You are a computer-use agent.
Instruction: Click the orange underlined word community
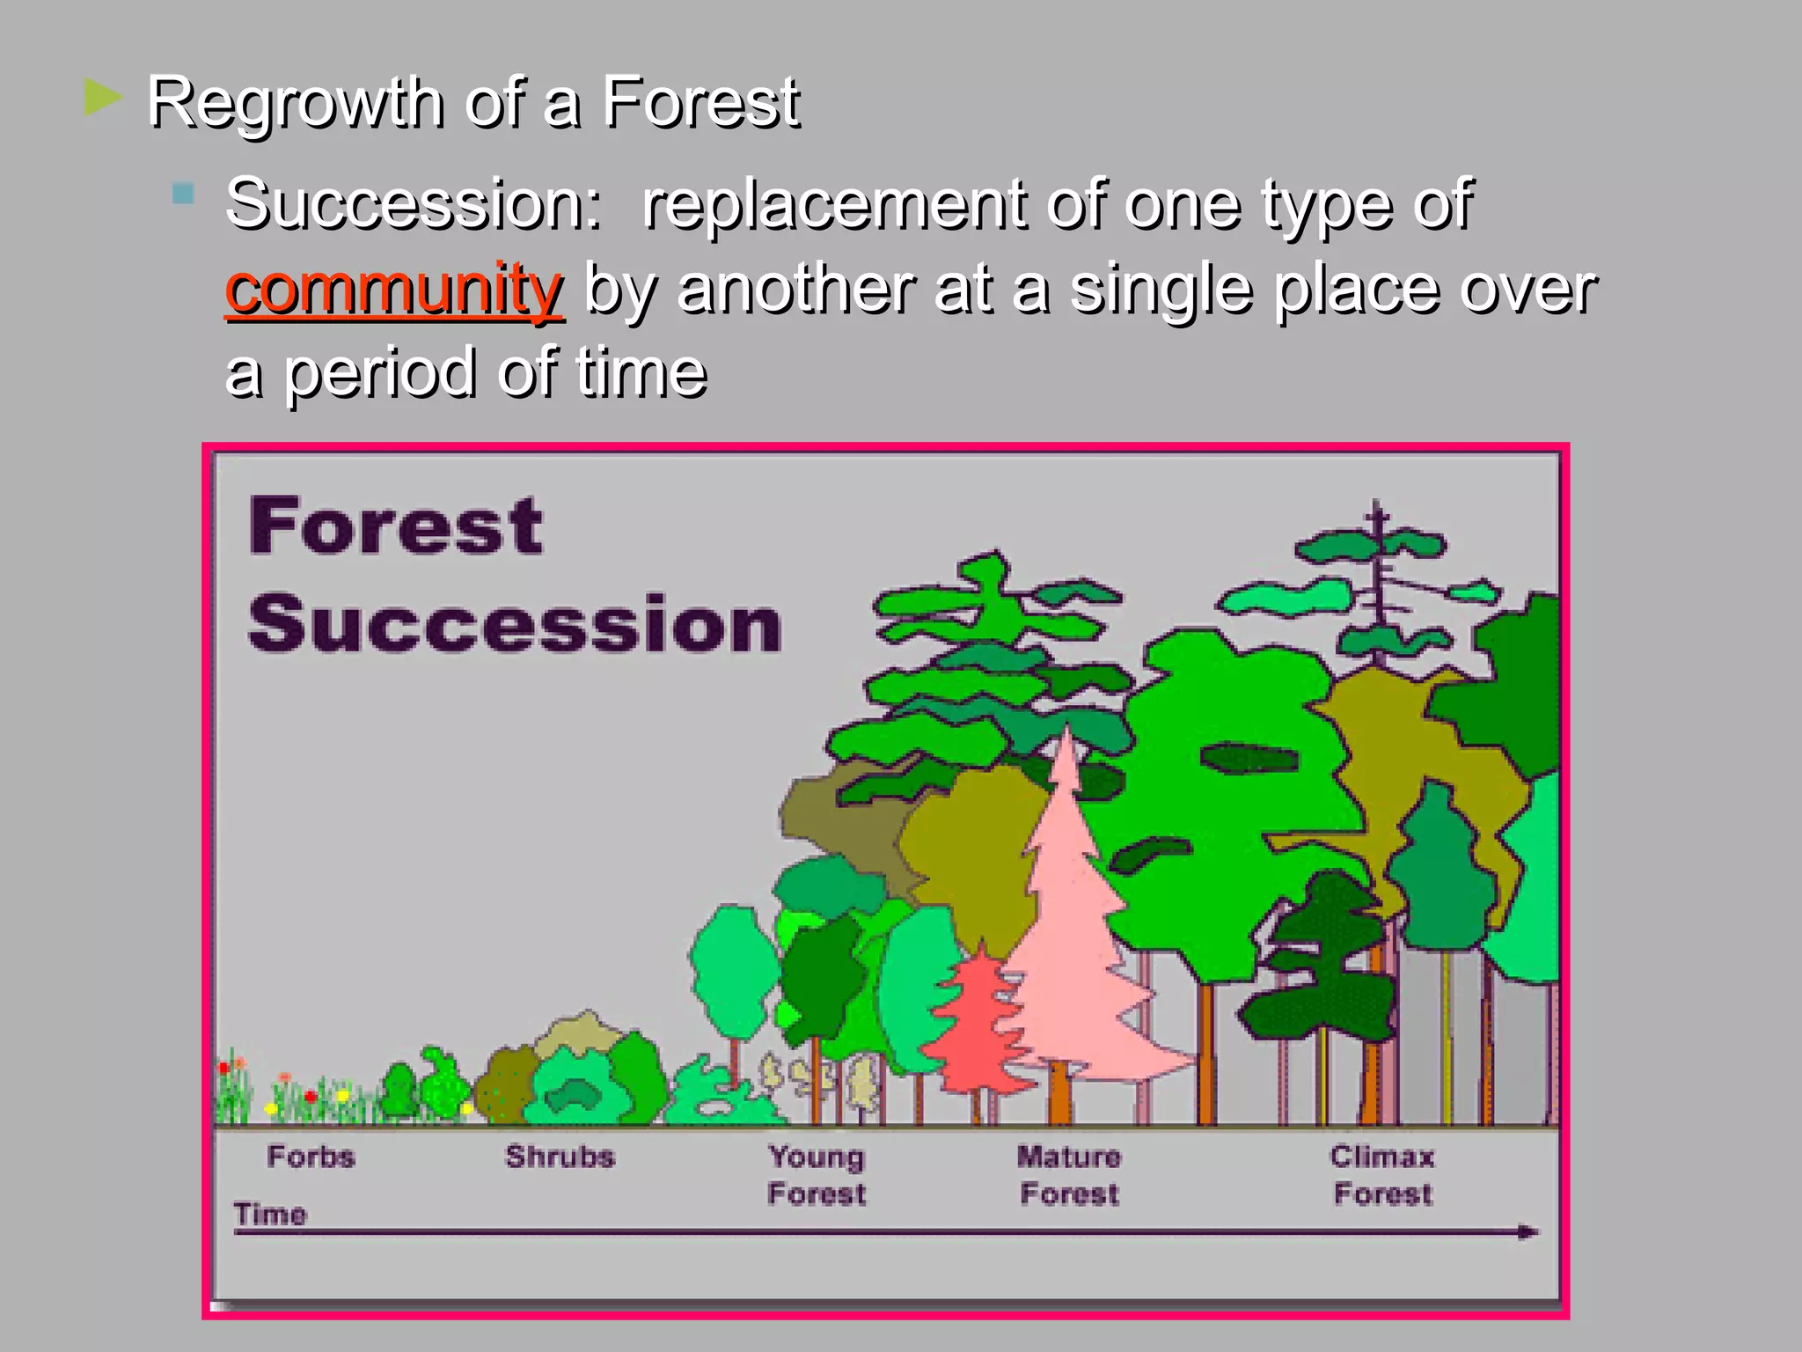(x=393, y=289)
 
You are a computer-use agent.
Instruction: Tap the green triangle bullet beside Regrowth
(x=103, y=98)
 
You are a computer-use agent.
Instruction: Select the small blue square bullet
(x=183, y=194)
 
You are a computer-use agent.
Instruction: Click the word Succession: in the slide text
(x=414, y=204)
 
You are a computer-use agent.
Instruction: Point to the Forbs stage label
(x=311, y=1156)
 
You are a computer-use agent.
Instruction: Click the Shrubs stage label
(x=560, y=1156)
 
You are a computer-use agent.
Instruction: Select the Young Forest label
(x=817, y=1175)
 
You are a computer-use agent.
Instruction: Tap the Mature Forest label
(x=1069, y=1175)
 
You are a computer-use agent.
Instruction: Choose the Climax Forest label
(x=1382, y=1175)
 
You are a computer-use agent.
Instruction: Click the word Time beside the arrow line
(x=270, y=1214)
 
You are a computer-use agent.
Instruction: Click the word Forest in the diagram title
(x=395, y=526)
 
